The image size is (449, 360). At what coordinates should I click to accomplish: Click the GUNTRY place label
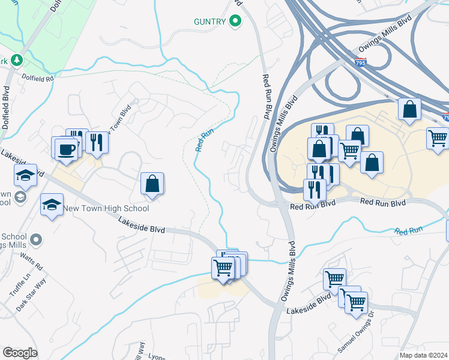pyautogui.click(x=209, y=22)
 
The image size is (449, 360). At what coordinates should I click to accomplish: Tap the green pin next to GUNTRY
pyautogui.click(x=236, y=22)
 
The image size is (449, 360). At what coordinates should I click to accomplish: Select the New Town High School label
pyautogui.click(x=107, y=209)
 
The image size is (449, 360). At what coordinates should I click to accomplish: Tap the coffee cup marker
pyautogui.click(x=65, y=148)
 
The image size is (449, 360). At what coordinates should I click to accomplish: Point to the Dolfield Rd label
pyautogui.click(x=38, y=77)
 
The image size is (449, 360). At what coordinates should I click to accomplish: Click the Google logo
pyautogui.click(x=20, y=353)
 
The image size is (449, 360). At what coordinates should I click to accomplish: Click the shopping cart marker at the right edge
pyautogui.click(x=438, y=138)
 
